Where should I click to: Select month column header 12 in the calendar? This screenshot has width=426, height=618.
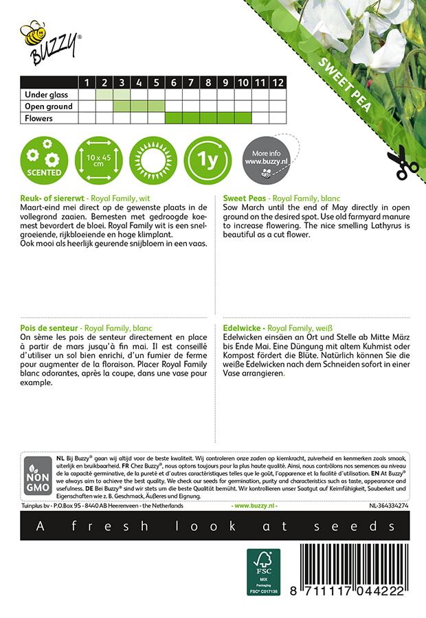(x=277, y=82)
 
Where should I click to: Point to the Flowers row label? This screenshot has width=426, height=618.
(x=38, y=118)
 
